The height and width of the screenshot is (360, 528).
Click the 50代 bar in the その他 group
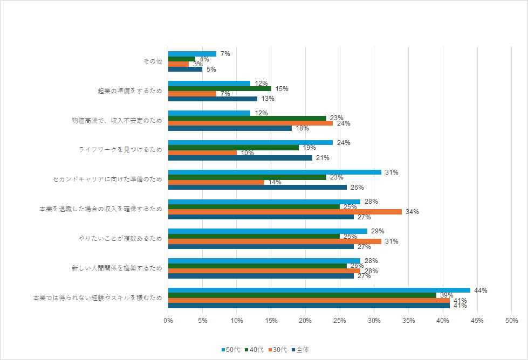click(192, 54)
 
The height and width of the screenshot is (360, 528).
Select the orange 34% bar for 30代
click(285, 212)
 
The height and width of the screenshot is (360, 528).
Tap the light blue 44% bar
click(319, 290)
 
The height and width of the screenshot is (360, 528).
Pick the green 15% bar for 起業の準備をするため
click(220, 89)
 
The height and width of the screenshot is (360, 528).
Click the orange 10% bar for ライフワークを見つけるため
click(202, 153)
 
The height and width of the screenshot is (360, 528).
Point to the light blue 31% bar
click(275, 172)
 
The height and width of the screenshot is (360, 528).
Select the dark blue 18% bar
click(230, 128)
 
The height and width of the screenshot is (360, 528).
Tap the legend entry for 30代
click(279, 350)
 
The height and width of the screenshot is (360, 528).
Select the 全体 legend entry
click(301, 350)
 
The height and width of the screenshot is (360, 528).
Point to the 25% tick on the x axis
click(340, 321)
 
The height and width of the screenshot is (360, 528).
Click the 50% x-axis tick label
click(511, 321)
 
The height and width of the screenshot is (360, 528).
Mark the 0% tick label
click(168, 321)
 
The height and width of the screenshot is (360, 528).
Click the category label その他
click(152, 61)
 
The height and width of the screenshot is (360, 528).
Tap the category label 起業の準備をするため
click(129, 91)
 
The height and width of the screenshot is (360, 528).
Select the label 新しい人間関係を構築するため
click(116, 268)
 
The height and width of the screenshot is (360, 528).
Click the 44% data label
click(481, 290)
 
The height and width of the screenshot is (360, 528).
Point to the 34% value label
click(412, 212)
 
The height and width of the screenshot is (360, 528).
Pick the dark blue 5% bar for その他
click(185, 69)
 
